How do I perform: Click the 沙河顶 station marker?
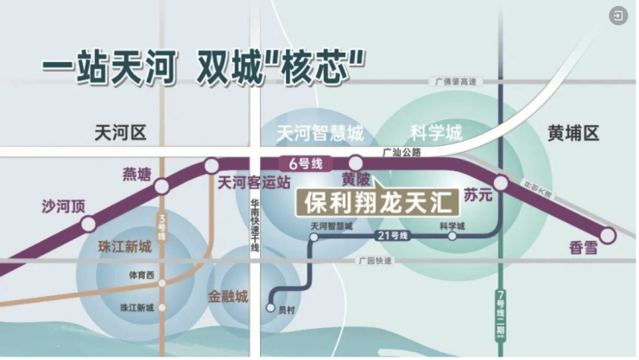88,224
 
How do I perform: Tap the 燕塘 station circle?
161,186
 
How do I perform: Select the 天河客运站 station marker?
212,165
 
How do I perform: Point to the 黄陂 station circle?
356,163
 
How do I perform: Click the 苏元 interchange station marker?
501,182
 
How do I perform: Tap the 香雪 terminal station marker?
609,235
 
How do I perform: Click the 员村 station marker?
272,307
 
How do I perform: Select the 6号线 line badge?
294,162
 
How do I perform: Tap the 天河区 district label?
121,133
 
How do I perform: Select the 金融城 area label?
228,296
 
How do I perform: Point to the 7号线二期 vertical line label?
502,313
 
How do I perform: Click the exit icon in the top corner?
618,16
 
